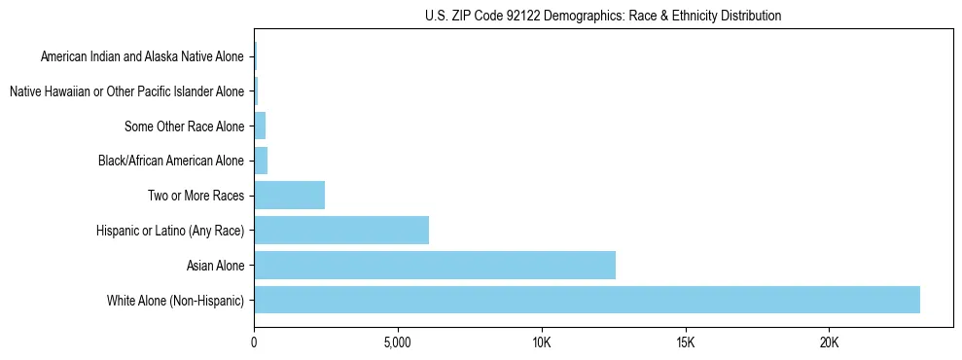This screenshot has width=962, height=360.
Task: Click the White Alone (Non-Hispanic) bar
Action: pyautogui.click(x=587, y=300)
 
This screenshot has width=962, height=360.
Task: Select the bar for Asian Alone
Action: pyautogui.click(x=435, y=265)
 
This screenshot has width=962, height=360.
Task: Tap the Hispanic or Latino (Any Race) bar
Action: pyautogui.click(x=341, y=230)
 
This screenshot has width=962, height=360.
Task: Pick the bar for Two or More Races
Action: pyautogui.click(x=289, y=195)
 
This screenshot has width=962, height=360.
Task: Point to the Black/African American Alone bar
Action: pyautogui.click(x=261, y=161)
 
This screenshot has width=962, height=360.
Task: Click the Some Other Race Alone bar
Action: pyautogui.click(x=260, y=126)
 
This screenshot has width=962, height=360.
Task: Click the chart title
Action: pyautogui.click(x=603, y=16)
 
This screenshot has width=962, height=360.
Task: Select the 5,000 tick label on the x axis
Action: pyautogui.click(x=398, y=343)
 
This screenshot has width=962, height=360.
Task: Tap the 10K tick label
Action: pyautogui.click(x=542, y=343)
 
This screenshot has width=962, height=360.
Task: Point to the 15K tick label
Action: pyautogui.click(x=686, y=343)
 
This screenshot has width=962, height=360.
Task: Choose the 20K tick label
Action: pyautogui.click(x=829, y=343)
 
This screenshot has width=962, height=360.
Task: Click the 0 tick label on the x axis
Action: pyautogui.click(x=254, y=343)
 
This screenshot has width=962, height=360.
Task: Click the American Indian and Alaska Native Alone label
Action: pyautogui.click(x=142, y=56)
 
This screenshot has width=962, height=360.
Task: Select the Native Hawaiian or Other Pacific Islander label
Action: pyautogui.click(x=126, y=91)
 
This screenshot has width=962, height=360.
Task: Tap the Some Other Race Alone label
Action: pyautogui.click(x=185, y=126)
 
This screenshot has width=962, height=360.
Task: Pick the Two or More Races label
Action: pyautogui.click(x=195, y=196)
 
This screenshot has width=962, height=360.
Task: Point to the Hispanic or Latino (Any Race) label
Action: pyautogui.click(x=170, y=231)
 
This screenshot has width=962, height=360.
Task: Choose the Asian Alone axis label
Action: pyautogui.click(x=215, y=265)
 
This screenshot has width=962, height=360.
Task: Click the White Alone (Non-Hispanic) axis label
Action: pyautogui.click(x=176, y=300)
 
